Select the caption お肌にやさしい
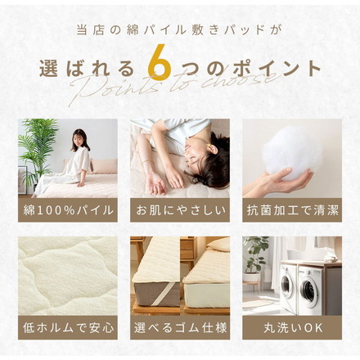(180, 209)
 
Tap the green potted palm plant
(37, 147)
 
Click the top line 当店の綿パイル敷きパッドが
(180, 30)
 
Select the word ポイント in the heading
(275, 69)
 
